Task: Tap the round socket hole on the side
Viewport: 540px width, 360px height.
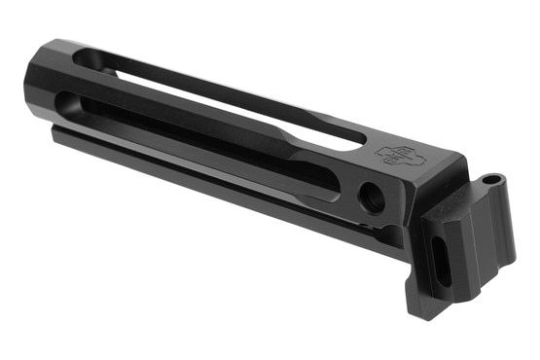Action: click(x=370, y=198)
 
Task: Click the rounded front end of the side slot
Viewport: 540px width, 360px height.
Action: click(x=64, y=101)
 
